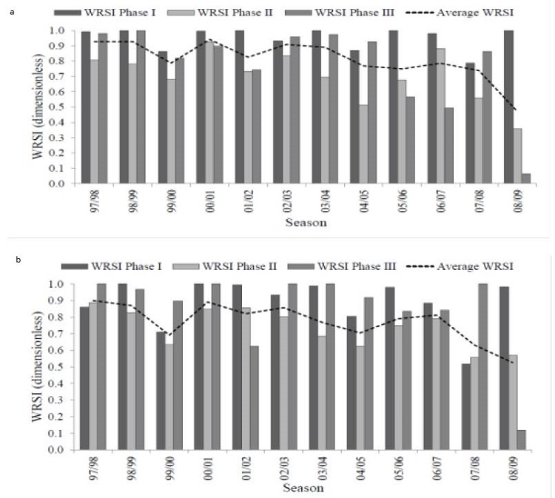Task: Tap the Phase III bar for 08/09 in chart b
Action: (521, 440)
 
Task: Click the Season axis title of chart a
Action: (304, 221)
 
